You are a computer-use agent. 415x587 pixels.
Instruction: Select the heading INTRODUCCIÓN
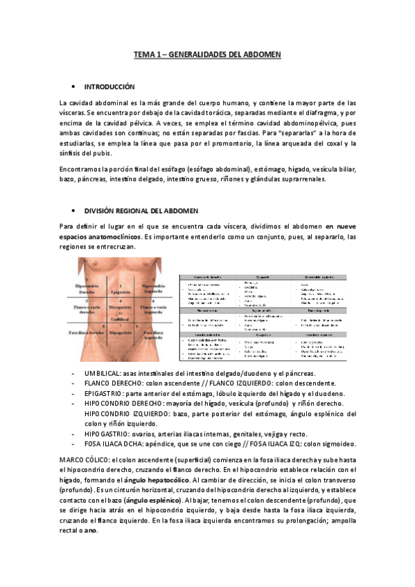109,87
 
